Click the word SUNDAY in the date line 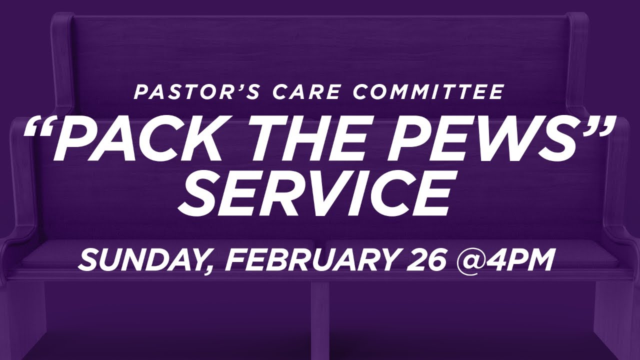point(145,260)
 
